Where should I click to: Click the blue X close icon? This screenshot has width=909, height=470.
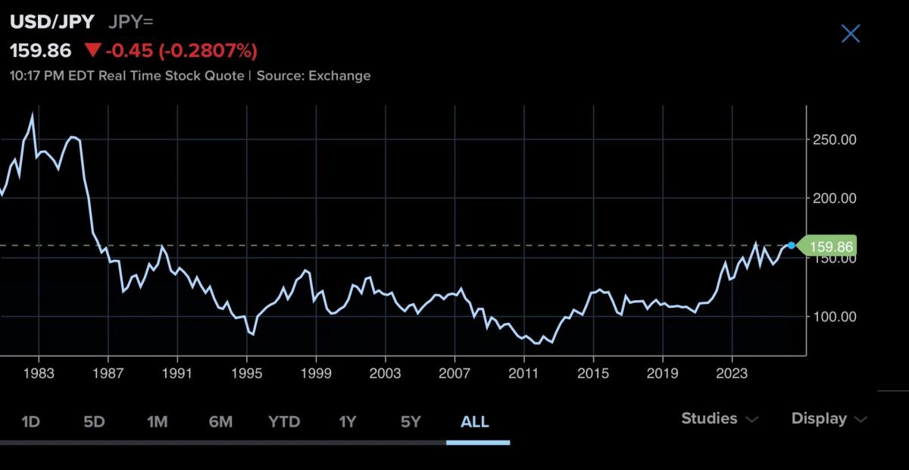[851, 33]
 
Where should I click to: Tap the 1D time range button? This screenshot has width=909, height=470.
[30, 421]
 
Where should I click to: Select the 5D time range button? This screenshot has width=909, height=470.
[94, 421]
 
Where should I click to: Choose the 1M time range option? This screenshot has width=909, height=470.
[157, 421]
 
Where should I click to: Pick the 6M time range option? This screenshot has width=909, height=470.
[220, 421]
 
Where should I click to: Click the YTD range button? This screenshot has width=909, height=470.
[284, 421]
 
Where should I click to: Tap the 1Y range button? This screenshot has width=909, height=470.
[347, 421]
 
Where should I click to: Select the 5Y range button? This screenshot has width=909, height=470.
[411, 421]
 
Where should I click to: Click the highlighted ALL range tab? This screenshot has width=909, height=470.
[475, 421]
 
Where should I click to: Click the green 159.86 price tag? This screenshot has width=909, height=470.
[829, 246]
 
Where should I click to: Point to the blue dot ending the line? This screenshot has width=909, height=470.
[792, 246]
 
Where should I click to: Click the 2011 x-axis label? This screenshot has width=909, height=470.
[523, 374]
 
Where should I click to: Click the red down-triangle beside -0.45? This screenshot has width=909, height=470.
[92, 51]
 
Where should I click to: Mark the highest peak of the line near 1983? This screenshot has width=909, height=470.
[32, 115]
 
